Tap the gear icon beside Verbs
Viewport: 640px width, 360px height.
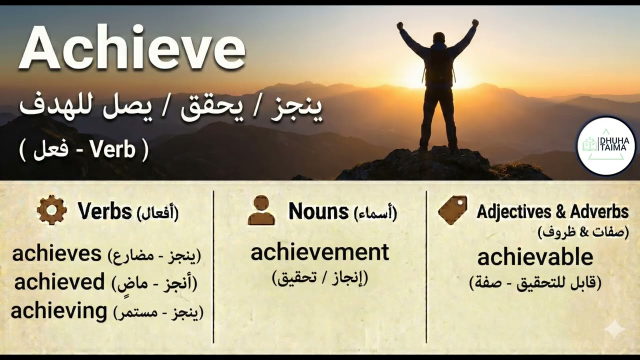(x=51, y=210)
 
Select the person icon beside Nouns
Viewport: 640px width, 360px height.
(x=261, y=210)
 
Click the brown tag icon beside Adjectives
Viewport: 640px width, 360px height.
(x=452, y=210)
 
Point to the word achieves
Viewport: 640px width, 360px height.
(x=57, y=254)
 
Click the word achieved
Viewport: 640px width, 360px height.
(x=59, y=282)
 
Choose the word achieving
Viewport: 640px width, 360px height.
(x=59, y=311)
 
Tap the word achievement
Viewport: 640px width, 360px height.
(x=319, y=252)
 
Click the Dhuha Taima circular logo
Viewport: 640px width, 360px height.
(x=606, y=145)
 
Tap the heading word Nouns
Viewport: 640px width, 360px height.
(x=318, y=212)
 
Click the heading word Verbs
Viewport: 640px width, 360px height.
(x=104, y=212)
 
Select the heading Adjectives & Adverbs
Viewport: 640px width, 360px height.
(x=552, y=212)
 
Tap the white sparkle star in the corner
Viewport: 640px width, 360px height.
(x=614, y=330)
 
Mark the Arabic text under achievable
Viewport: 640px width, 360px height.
(x=535, y=283)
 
